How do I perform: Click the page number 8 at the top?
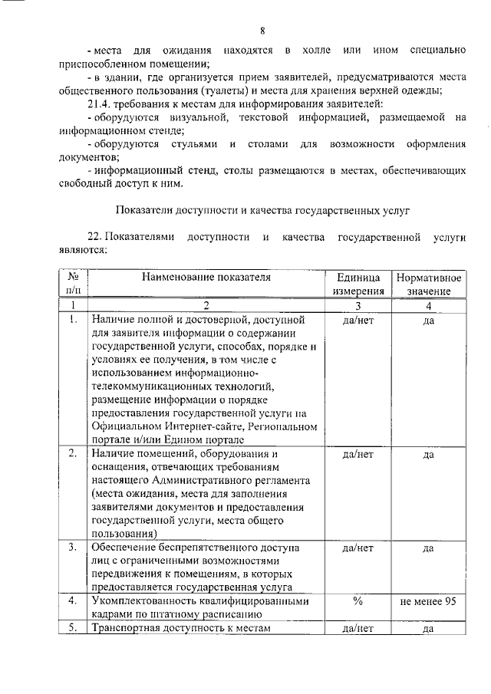262,31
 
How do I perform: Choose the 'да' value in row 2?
429,455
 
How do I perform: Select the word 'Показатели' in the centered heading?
146,209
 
